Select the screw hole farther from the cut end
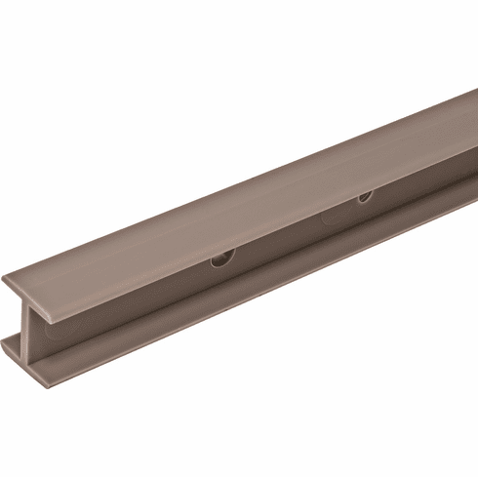pyautogui.click(x=365, y=198)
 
